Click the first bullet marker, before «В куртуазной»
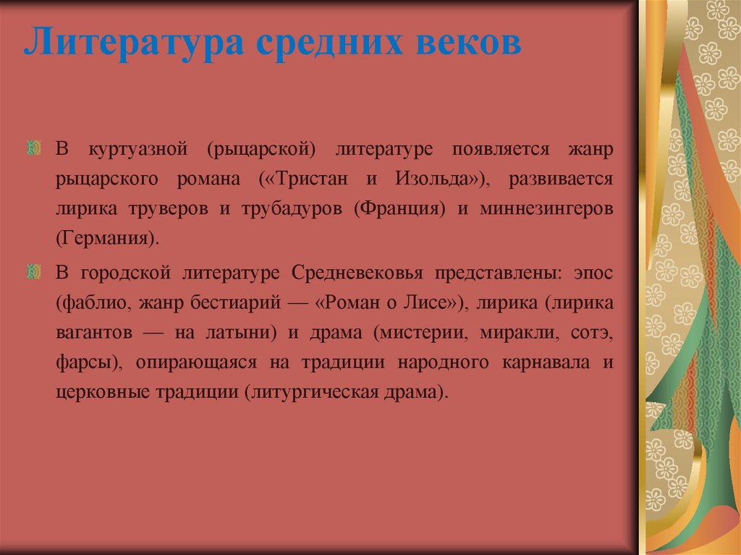33,148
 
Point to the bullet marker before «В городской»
33,272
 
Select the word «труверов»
171,208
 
